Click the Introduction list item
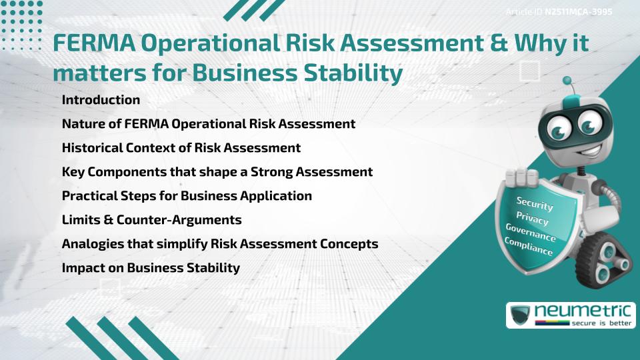[x=101, y=100]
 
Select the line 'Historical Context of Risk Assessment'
[x=181, y=147]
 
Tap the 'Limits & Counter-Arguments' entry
[x=151, y=219]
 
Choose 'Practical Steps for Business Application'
[x=187, y=196]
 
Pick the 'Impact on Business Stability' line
[x=150, y=268]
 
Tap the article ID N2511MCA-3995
[x=578, y=12]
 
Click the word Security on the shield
[x=535, y=204]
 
